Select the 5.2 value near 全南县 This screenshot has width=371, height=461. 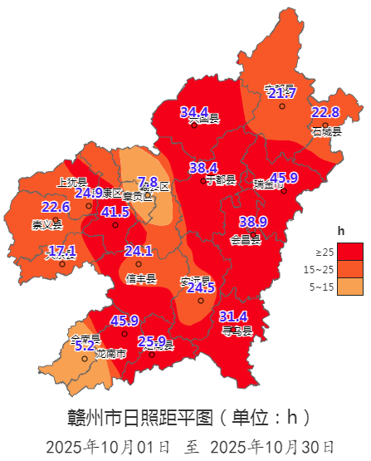click(85, 345)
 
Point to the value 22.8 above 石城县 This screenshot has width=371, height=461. click(325, 112)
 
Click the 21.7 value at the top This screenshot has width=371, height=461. click(282, 93)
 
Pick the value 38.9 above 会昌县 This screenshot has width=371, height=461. click(252, 221)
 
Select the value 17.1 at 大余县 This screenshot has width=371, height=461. click(61, 250)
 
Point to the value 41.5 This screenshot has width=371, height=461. click(115, 212)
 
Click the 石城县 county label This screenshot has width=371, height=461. click(326, 131)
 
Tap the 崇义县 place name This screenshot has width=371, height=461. click(46, 225)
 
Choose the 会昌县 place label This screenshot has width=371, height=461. click(246, 240)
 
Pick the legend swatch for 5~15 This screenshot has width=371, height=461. click(349, 287)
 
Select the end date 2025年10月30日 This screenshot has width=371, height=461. click(272, 447)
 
